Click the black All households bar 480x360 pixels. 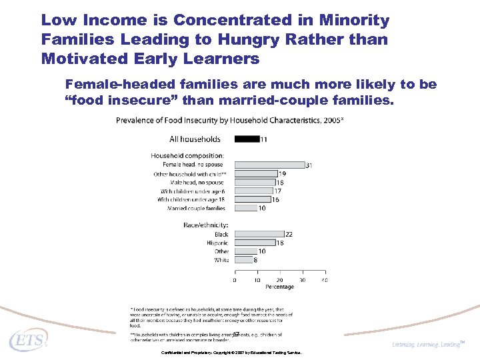click(247, 139)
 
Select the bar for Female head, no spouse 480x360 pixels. click(269, 165)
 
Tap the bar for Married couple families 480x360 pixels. click(245, 208)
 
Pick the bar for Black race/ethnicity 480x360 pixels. click(259, 234)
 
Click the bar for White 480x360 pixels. click(243, 260)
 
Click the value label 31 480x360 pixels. click(309, 165)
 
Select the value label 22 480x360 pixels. click(289, 234)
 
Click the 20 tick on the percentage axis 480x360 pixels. click(279, 280)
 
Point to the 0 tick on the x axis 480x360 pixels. click(234, 280)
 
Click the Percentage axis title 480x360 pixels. click(280, 287)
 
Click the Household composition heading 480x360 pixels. click(187, 155)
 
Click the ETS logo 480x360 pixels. click(28, 341)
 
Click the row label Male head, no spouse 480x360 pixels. click(196, 182)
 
